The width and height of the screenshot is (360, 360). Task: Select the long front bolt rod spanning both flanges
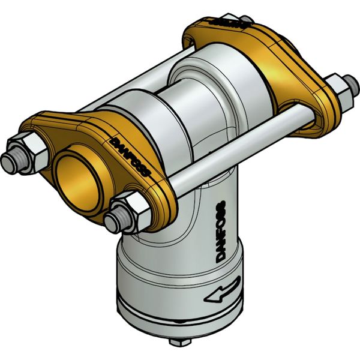240,153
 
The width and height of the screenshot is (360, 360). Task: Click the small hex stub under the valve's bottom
179,341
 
